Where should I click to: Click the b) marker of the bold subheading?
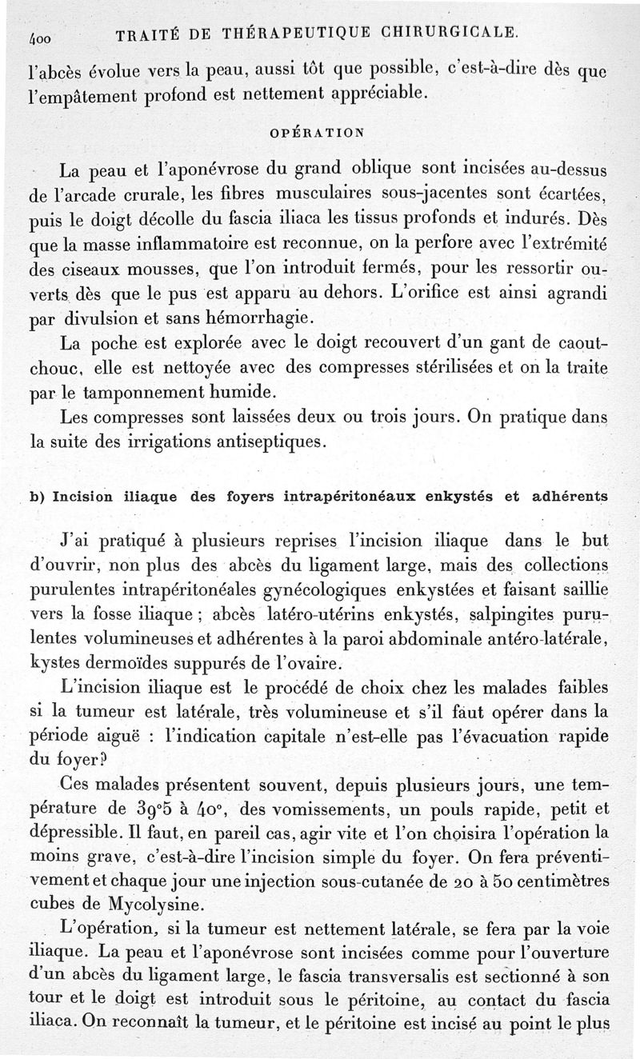coord(36,496)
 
